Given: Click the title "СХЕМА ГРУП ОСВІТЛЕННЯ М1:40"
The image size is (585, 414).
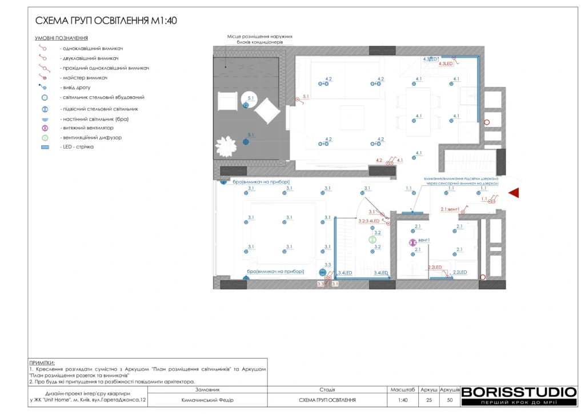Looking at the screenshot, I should tap(106, 21).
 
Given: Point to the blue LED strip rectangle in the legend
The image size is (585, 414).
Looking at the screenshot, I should tap(45, 147).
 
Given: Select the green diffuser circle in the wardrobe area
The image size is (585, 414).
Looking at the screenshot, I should tap(372, 240).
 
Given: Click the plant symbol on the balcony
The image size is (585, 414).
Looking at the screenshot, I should tap(226, 146).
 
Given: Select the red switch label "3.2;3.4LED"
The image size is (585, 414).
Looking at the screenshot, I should tap(368, 220).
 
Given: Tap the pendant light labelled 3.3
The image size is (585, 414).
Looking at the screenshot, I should tap(322, 273).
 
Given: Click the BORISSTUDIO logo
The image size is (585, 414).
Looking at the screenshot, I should tap(518, 392).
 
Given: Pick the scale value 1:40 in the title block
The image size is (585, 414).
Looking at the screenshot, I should tap(403, 400).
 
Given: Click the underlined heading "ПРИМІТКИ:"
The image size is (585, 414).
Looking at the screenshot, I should tap(42, 363).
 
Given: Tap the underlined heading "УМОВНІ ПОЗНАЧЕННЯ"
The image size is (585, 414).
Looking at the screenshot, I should tap(61, 38).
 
